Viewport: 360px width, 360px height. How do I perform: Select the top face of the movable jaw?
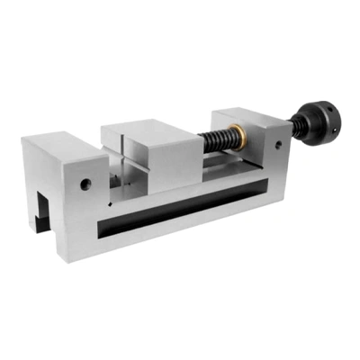148,125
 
